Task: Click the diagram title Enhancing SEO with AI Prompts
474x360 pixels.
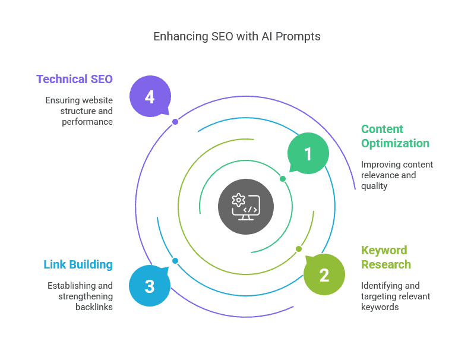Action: click(x=236, y=36)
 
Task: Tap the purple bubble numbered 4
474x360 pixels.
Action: click(x=150, y=96)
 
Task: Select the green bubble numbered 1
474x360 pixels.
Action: click(x=308, y=154)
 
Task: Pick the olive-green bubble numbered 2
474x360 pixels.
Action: click(x=324, y=275)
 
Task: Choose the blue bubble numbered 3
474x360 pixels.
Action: click(x=149, y=286)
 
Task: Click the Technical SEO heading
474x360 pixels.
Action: click(x=74, y=79)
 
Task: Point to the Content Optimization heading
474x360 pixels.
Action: click(x=395, y=136)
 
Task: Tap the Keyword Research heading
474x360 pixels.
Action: click(x=386, y=257)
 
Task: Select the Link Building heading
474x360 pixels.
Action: click(x=78, y=264)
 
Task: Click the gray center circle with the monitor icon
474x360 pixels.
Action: click(x=246, y=206)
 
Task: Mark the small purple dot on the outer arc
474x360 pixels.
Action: click(x=175, y=122)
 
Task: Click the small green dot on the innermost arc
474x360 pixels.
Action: click(x=283, y=179)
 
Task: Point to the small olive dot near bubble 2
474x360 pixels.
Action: click(x=299, y=249)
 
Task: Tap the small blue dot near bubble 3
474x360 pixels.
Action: click(x=175, y=261)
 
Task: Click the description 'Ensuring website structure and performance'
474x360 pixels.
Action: click(x=79, y=111)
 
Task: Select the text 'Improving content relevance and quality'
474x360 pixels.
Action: click(x=397, y=175)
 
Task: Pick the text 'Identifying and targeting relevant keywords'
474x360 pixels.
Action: click(x=396, y=296)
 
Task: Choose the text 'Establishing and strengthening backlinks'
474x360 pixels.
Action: click(x=80, y=296)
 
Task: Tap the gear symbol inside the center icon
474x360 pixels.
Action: click(x=239, y=200)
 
